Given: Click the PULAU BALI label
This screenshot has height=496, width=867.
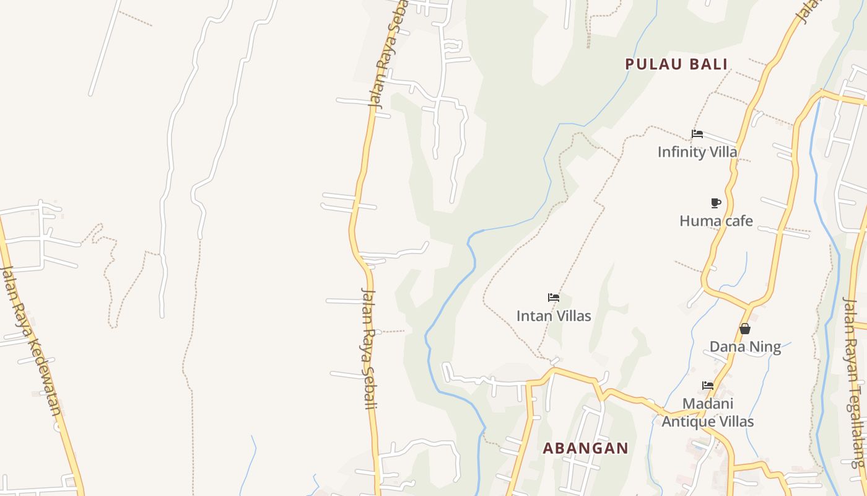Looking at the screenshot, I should click(x=676, y=64).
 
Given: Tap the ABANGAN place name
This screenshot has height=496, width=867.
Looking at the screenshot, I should click(x=585, y=448).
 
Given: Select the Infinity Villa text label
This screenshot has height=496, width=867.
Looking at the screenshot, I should click(x=697, y=152).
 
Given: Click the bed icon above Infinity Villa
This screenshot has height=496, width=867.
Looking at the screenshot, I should click(x=697, y=133).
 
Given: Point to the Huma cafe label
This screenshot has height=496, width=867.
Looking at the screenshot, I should click(x=716, y=221).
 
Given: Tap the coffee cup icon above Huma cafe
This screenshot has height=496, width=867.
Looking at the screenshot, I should click(x=716, y=203).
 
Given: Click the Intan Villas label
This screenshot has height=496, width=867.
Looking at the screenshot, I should click(x=554, y=316).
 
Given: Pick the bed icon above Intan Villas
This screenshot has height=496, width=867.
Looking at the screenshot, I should click(x=554, y=298).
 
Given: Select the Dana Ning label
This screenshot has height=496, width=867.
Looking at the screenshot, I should click(x=745, y=347).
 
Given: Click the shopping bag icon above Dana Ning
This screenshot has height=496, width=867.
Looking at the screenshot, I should click(x=745, y=329).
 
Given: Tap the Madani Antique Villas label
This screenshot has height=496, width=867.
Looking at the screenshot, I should click(x=708, y=412).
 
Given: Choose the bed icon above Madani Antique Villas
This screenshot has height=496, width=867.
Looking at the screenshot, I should click(x=708, y=385).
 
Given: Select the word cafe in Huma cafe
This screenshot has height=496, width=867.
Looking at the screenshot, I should click(x=735, y=221).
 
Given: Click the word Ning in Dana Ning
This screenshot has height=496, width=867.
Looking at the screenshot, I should click(x=765, y=347).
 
